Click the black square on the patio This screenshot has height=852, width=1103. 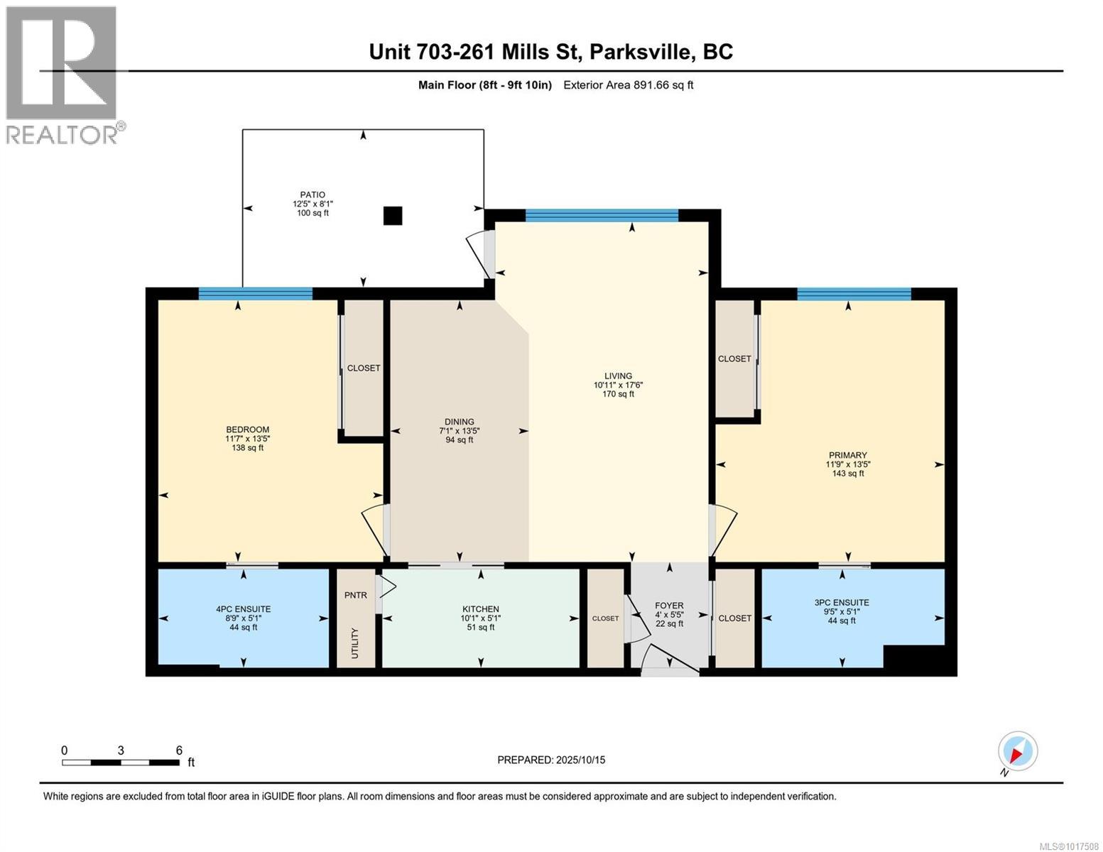tap(393, 216)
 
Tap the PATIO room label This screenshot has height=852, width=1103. tap(313, 195)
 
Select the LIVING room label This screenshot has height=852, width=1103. tap(618, 376)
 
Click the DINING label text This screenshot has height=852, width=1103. tap(460, 422)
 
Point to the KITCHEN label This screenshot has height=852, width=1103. tap(481, 609)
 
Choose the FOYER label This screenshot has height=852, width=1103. tap(669, 606)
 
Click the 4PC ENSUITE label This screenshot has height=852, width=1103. tap(244, 609)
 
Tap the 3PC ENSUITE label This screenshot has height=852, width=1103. tap(842, 603)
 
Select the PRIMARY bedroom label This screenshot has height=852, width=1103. tap(847, 456)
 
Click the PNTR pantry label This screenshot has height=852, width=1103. tap(356, 595)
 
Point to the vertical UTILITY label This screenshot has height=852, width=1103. tap(355, 643)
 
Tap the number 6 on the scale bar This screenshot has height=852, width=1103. tap(179, 750)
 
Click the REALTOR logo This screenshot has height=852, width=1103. tap(62, 75)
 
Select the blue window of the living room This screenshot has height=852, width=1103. tap(602, 216)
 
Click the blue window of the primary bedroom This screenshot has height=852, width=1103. tap(854, 294)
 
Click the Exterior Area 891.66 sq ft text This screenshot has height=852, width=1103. tap(628, 85)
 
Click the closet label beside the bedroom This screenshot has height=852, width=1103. tap(364, 368)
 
